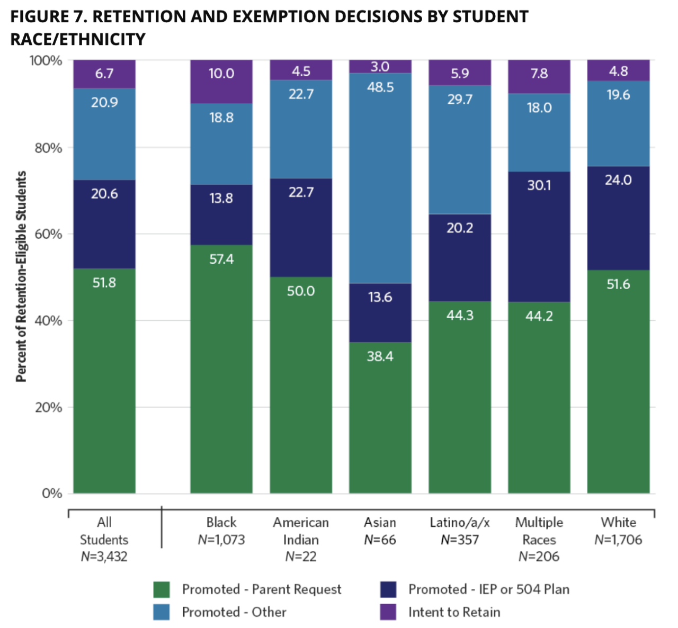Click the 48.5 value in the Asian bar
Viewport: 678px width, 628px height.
coord(380,87)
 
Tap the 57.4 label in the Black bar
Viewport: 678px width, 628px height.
coord(221,259)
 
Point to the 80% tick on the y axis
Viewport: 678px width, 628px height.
coord(48,148)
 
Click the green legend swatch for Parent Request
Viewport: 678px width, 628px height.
coord(162,589)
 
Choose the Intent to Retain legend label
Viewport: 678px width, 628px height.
coord(454,612)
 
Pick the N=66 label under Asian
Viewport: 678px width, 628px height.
coord(380,540)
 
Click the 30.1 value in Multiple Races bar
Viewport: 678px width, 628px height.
coord(539,185)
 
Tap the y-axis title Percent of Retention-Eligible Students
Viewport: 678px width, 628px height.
coord(21,276)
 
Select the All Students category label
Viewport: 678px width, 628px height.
coord(104,531)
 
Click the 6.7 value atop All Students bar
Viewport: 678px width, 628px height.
coord(104,74)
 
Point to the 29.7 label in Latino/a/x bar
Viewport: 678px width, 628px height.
coord(459,100)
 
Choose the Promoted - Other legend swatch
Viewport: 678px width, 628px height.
coord(162,612)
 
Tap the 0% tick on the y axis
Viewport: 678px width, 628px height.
coord(52,494)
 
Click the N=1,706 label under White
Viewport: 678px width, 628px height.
coord(618,540)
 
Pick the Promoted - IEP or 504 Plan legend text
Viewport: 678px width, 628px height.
coord(488,589)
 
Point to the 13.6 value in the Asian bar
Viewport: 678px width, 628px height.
coord(380,298)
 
